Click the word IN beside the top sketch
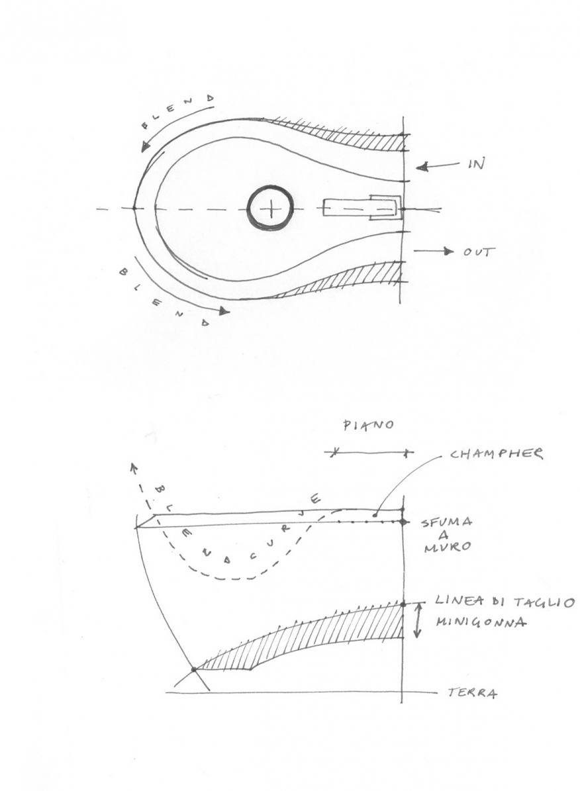[x=475, y=163]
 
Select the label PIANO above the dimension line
[x=368, y=425]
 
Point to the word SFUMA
[x=446, y=522]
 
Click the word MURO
[x=447, y=546]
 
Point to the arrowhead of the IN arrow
[x=422, y=167]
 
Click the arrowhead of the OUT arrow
[x=448, y=251]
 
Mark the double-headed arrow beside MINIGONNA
[x=418, y=621]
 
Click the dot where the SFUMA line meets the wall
[x=403, y=522]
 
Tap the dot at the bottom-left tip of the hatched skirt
[x=194, y=669]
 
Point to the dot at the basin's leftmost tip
[x=134, y=207]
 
